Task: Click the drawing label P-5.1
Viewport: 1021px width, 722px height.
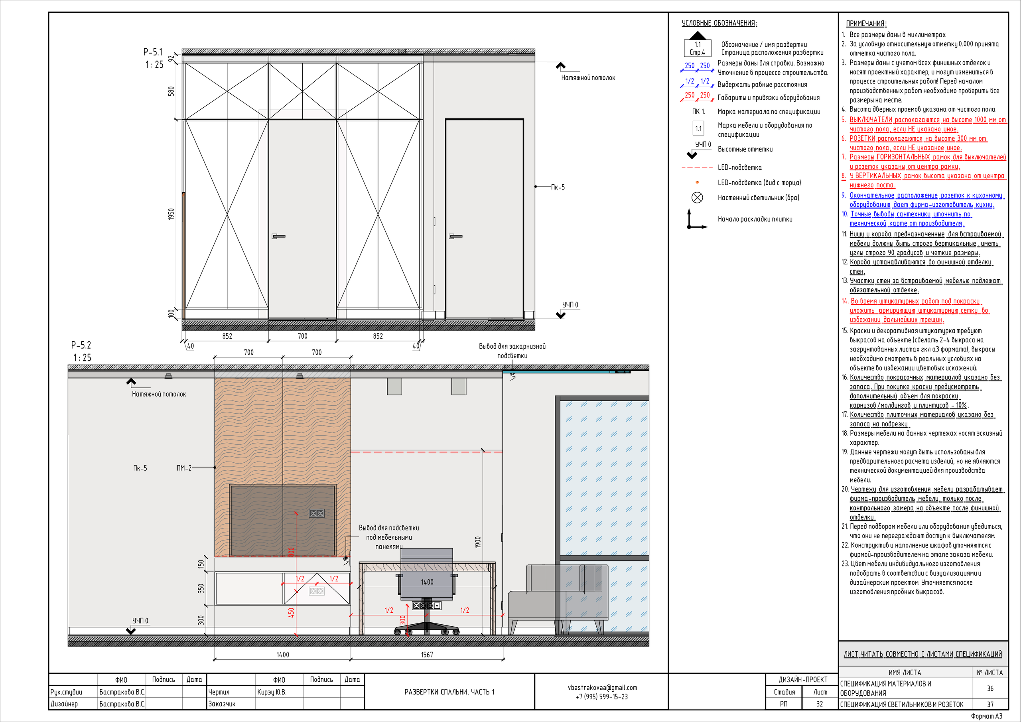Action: tap(153, 52)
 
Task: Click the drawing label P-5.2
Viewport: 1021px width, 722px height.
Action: tap(81, 345)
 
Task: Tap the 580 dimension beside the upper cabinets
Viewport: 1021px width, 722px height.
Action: tap(171, 91)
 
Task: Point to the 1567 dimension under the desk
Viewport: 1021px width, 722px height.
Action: tap(427, 654)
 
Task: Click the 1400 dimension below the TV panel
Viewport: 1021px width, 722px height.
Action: tap(283, 654)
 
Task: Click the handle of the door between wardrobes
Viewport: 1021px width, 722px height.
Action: tap(278, 236)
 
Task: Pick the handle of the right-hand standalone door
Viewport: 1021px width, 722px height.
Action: tap(455, 236)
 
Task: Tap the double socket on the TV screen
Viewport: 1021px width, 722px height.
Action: tap(317, 513)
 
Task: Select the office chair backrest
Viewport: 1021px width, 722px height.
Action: tap(427, 574)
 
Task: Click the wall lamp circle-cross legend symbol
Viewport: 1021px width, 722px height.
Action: tap(697, 197)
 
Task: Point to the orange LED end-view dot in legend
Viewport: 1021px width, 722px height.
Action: tap(697, 182)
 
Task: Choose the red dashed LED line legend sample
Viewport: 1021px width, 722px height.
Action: tap(697, 167)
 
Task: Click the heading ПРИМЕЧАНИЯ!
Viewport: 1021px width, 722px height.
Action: tap(866, 24)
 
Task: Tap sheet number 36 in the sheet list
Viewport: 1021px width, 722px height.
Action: tap(990, 688)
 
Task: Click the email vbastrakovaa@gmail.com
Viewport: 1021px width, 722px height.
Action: tap(602, 687)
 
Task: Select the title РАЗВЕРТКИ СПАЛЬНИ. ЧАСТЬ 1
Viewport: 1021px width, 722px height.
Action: tap(449, 692)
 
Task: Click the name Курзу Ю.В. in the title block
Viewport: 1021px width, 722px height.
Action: tap(272, 692)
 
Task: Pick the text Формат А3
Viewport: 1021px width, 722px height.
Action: tap(987, 716)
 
